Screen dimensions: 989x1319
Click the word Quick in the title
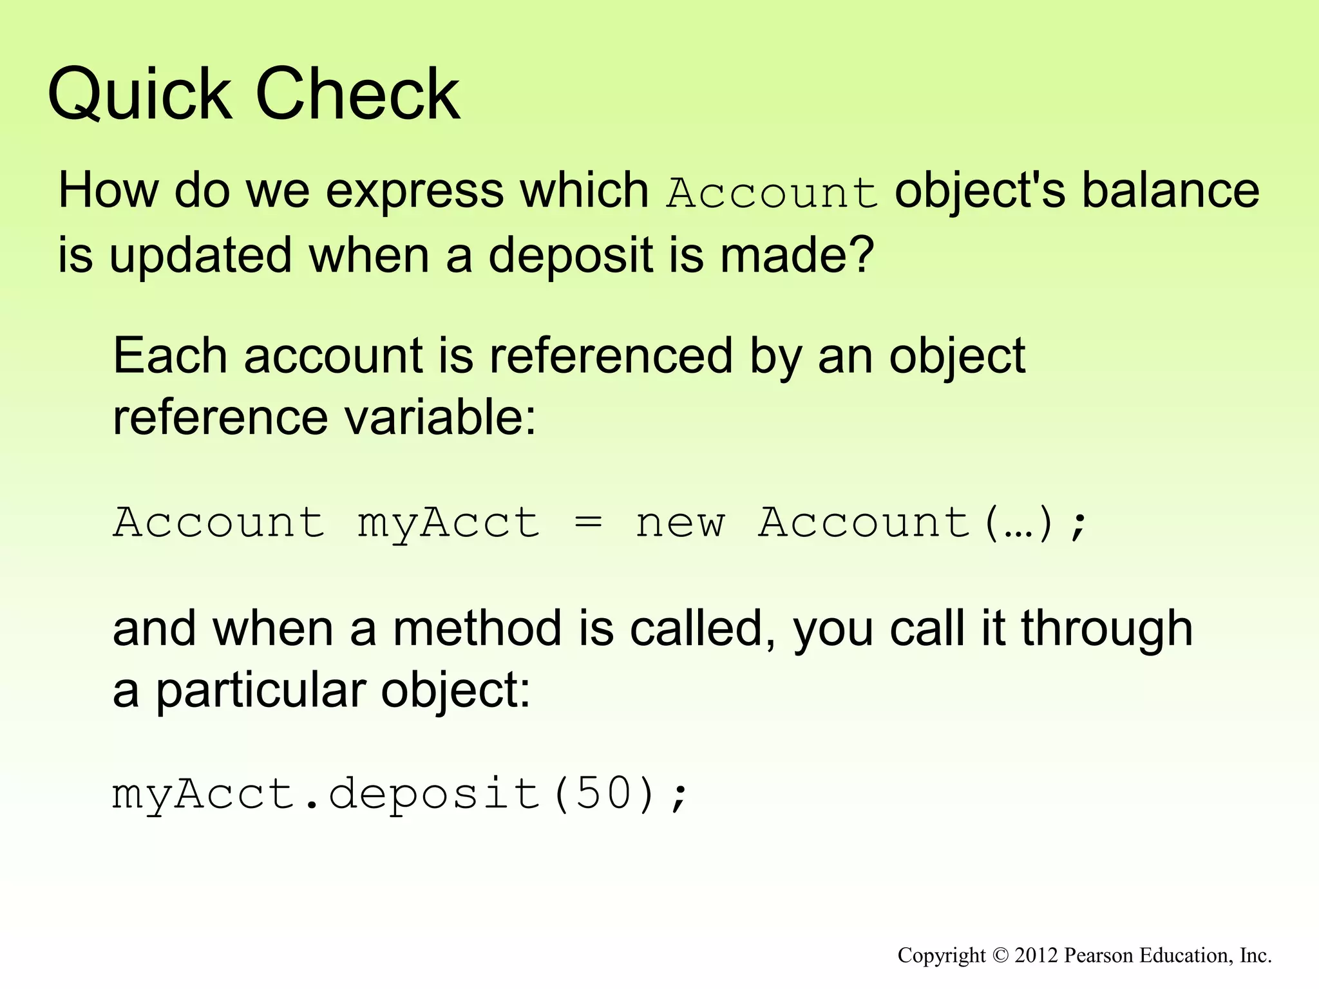point(139,95)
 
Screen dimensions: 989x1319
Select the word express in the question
point(414,192)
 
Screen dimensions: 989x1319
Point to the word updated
point(200,256)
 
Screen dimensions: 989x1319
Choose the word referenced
point(611,355)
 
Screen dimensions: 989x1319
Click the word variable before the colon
point(440,418)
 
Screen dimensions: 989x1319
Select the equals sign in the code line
point(588,522)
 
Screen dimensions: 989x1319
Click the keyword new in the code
point(680,522)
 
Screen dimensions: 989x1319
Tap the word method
point(477,628)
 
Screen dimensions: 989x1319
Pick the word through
point(1106,628)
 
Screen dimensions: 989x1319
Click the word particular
point(260,691)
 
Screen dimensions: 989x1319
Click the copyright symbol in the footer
point(1000,956)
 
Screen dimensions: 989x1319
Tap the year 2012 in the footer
point(1036,956)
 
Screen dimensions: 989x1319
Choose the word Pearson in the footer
point(1093,956)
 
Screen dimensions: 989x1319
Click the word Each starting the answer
point(170,355)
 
